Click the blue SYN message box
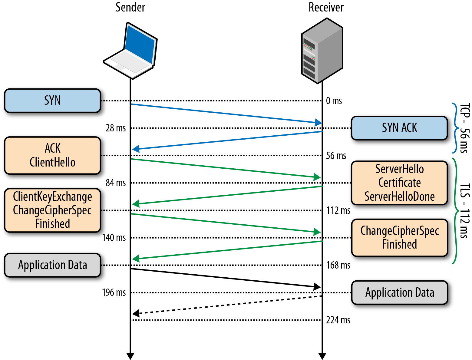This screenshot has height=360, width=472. coord(52,101)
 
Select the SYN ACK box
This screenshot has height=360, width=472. coord(399,128)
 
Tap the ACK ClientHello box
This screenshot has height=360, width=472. coord(52,155)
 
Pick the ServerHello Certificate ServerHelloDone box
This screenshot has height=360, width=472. coord(399,183)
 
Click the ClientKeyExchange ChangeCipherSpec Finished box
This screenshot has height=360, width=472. coord(52,210)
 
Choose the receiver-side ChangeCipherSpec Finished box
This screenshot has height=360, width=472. coord(399,238)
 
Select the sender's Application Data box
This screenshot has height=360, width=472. coord(52,265)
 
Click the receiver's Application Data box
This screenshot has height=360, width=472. coord(399,292)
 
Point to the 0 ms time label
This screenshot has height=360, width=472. coord(334,101)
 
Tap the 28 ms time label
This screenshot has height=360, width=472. coord(116,128)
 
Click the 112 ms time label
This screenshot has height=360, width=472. coord(338,210)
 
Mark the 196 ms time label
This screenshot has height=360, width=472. coord(114,292)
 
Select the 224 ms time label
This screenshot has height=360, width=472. coord(338,320)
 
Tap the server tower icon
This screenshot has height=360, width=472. coord(322,51)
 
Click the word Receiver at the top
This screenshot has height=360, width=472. coord(326,7)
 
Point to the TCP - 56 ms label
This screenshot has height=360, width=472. coord(464,128)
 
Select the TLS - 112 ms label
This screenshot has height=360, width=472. coord(464,211)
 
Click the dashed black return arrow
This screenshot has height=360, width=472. coord(227,305)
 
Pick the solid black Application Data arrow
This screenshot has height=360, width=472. coord(226,278)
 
